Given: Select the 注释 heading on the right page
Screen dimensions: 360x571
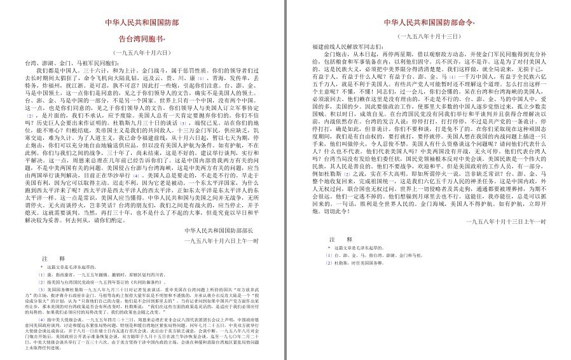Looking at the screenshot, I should pos(336,240).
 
